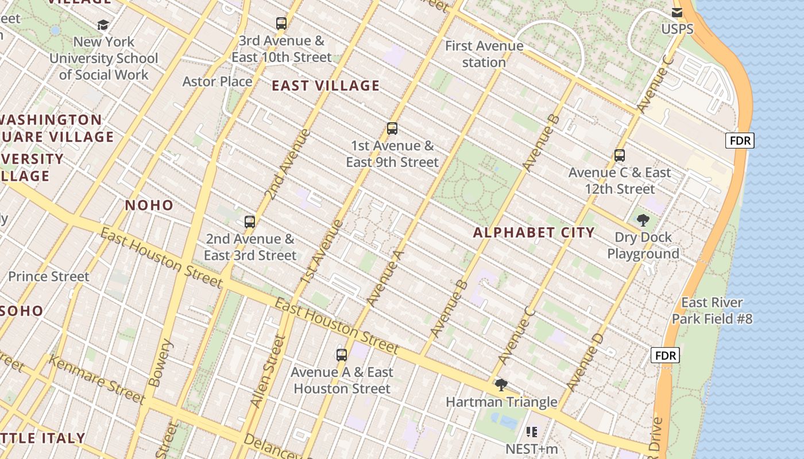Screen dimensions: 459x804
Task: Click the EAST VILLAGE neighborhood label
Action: [326, 86]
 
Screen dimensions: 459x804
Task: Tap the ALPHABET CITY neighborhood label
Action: [534, 232]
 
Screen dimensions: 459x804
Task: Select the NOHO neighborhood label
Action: [149, 205]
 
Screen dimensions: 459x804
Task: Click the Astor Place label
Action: [217, 81]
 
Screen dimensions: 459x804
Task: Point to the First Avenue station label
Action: [484, 54]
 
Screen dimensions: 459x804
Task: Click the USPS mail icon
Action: [677, 13]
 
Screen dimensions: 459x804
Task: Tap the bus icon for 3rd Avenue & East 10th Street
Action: [281, 24]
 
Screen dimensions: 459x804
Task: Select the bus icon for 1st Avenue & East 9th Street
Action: [392, 129]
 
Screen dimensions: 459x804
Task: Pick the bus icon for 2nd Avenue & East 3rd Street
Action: [250, 222]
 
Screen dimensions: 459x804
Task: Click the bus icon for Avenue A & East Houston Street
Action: [342, 355]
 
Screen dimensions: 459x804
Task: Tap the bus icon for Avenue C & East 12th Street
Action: [619, 155]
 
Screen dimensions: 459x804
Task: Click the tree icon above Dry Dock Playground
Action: [643, 220]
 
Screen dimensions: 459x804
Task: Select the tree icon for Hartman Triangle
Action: [501, 385]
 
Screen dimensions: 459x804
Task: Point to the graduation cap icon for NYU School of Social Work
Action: [103, 25]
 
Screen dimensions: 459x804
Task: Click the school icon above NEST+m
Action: [531, 431]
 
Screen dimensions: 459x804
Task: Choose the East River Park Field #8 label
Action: [712, 310]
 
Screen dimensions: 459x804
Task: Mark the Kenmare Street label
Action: [96, 379]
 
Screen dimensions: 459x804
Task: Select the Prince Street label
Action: [49, 277]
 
